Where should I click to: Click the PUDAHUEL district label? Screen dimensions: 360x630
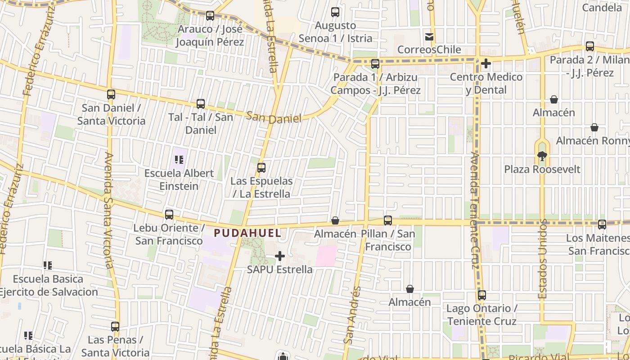coord(247,233)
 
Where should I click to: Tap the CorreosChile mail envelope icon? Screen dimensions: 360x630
coord(429,37)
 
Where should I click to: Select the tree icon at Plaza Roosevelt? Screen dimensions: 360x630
coord(542,156)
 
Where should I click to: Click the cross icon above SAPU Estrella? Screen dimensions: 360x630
coord(280,256)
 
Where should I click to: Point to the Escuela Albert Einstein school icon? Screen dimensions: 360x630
coord(179,160)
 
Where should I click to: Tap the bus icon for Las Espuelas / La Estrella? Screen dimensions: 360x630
coord(261,168)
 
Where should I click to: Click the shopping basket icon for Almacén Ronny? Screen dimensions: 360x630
coord(594,128)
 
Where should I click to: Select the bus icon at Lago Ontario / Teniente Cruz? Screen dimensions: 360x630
coord(481,295)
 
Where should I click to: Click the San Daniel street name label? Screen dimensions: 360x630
coord(274,118)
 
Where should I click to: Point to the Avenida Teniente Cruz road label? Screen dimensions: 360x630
coord(475,210)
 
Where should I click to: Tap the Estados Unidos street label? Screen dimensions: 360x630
coord(543,259)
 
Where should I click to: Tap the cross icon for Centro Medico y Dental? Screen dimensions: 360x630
coord(486,63)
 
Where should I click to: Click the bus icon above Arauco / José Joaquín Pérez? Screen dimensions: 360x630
coord(210,16)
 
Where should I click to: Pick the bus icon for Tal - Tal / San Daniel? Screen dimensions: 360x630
coord(201,104)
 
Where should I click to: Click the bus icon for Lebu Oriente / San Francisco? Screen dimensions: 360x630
coord(169,215)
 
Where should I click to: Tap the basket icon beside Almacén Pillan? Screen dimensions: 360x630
coord(335,220)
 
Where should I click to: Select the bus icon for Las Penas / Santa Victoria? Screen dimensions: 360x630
coord(115,327)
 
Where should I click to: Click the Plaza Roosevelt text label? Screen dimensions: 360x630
coord(542,170)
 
